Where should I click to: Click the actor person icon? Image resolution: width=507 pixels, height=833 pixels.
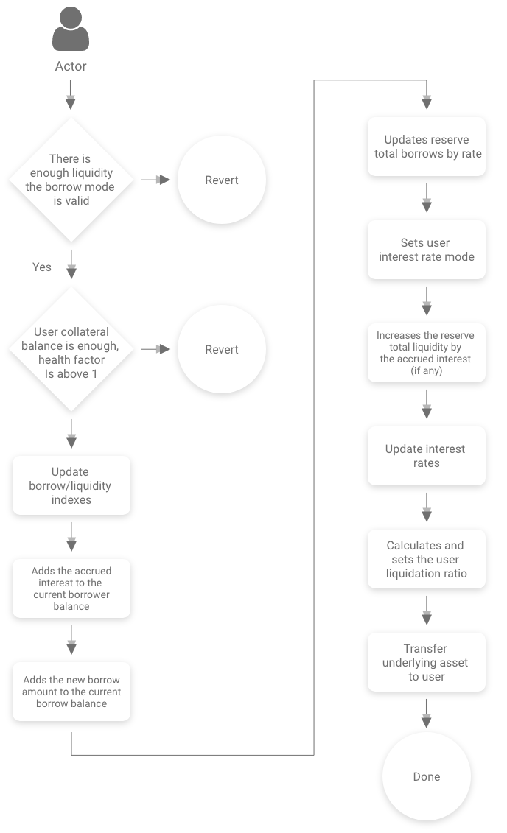pos(71,29)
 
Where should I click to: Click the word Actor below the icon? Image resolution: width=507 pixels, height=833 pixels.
pos(71,66)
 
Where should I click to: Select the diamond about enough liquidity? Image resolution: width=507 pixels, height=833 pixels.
pos(71,179)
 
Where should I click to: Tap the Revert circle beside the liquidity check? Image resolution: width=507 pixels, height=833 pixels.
pos(221,180)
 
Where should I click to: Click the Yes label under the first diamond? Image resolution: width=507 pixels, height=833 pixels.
pos(42,267)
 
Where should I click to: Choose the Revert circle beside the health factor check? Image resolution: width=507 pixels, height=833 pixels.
pos(221,349)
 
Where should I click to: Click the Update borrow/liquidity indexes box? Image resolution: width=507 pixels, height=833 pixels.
pos(71,485)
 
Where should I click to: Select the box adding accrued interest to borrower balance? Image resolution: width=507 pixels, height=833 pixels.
pos(71,588)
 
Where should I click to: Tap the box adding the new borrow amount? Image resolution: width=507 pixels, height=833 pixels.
pos(71,692)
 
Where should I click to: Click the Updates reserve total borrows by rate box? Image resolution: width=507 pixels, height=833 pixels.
pos(426,147)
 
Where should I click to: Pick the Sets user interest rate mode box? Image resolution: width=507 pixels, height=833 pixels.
pos(426,250)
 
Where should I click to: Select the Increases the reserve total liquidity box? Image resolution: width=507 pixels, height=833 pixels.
pos(426,353)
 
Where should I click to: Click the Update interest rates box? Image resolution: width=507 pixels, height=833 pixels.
pos(426,456)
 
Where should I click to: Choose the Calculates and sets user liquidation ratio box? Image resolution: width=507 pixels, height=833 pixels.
pos(426,559)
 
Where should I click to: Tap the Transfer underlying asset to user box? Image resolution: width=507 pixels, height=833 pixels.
pos(426,662)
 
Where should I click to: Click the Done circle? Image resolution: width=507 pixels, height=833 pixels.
pos(426,776)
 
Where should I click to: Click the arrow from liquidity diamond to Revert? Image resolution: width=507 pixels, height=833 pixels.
pos(155,180)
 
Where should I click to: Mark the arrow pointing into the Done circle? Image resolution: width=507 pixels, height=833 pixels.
pos(426,713)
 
